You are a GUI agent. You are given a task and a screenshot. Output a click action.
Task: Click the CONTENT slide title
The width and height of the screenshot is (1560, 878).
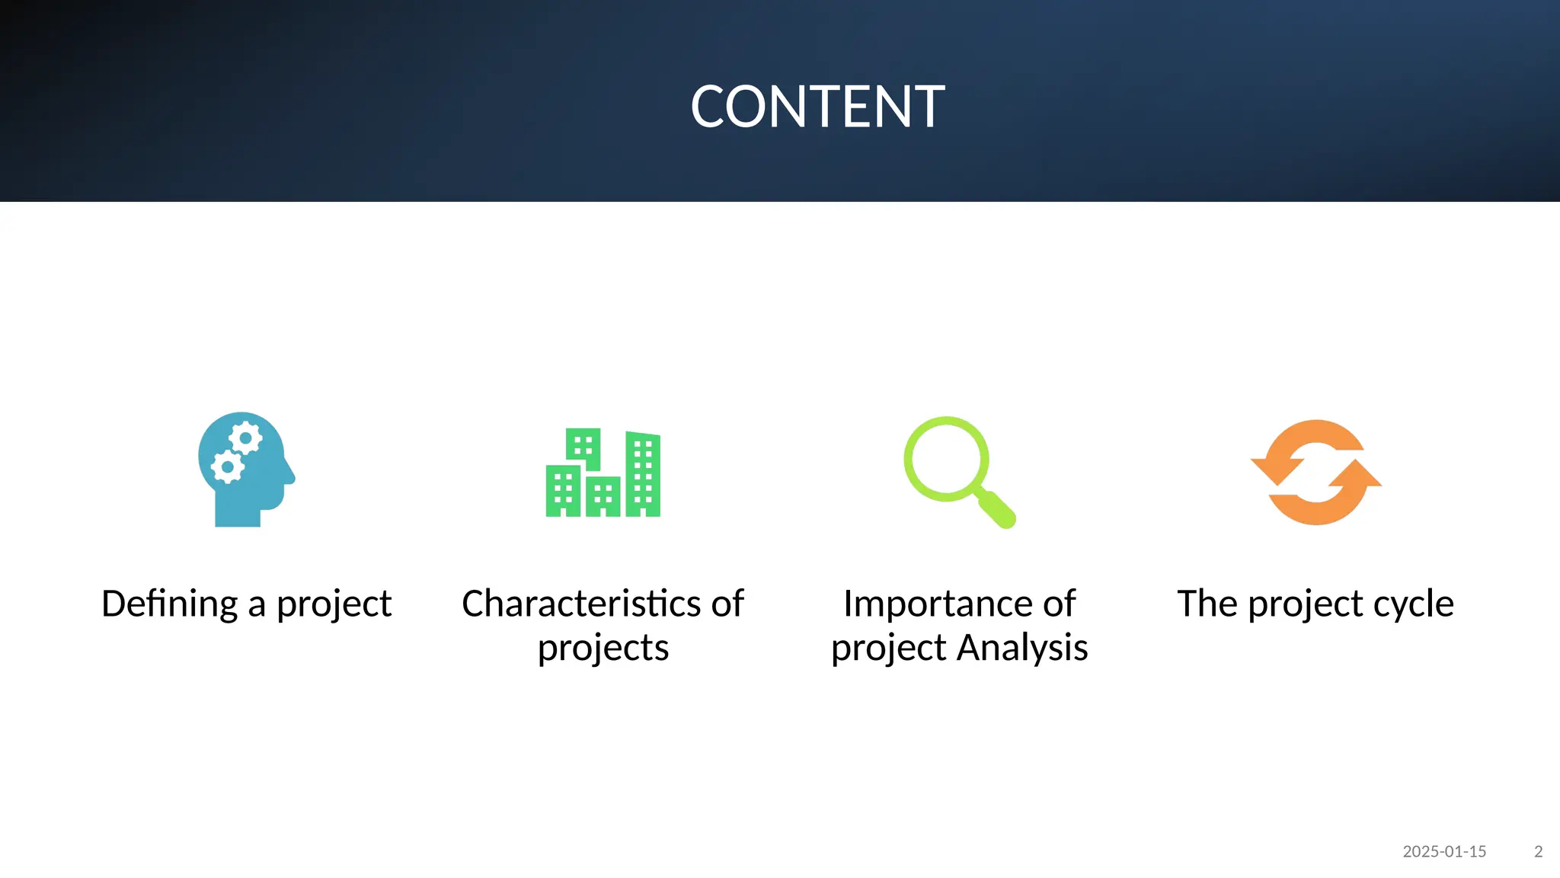point(817,107)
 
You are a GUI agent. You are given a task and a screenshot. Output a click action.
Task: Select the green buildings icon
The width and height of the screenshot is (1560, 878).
point(603,473)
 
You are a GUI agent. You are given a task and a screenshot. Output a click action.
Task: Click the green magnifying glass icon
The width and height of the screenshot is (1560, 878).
point(959,471)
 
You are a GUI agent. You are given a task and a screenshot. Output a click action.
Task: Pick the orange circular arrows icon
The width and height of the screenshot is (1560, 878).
point(1315,472)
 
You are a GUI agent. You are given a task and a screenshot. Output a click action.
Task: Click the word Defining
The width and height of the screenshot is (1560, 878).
point(170,604)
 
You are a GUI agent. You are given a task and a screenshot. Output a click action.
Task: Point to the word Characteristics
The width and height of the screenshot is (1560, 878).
point(581,604)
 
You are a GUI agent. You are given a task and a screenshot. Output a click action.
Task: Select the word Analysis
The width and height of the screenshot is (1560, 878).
point(1022,648)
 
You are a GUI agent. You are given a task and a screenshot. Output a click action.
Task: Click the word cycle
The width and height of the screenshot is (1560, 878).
point(1414,604)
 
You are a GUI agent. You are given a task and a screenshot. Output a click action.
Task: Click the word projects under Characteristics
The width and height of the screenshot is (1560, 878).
point(603,648)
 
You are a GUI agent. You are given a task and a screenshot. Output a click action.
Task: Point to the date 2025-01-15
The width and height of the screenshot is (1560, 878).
point(1444,851)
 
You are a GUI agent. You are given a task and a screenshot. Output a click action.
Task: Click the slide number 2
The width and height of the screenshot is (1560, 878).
point(1538,851)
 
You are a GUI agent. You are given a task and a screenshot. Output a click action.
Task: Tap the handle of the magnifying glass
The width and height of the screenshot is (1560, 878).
point(997,509)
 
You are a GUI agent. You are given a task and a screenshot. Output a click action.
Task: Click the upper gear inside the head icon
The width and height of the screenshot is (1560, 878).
point(245,438)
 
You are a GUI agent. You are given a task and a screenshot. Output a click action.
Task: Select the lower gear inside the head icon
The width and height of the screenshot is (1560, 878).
point(227,466)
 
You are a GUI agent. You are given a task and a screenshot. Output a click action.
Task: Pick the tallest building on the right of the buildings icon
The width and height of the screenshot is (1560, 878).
point(643,474)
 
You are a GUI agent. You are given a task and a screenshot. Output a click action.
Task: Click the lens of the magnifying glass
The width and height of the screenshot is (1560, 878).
point(946,459)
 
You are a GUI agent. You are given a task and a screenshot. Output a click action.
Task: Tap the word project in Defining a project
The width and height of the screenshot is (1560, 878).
point(334,604)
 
